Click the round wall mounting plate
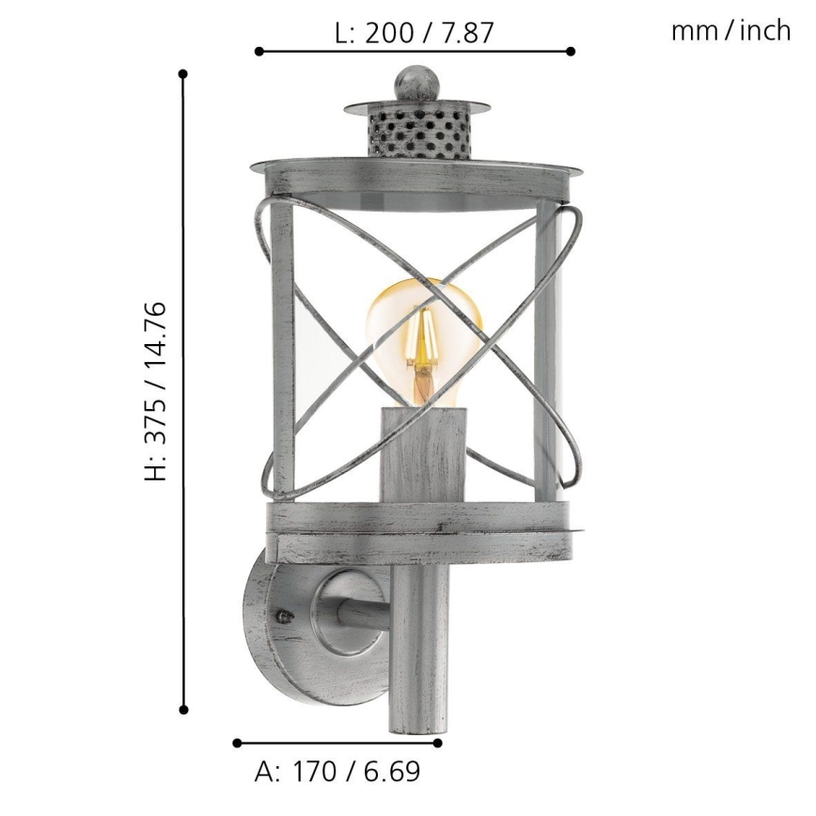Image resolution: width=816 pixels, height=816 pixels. tap(268, 620)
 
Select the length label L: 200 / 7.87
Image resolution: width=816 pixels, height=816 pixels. tap(415, 34)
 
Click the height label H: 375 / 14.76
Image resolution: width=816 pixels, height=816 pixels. tap(156, 391)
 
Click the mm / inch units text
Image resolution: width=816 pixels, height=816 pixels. tap(730, 31)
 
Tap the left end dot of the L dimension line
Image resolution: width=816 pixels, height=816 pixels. tap(259, 52)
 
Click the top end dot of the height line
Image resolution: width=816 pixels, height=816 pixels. tap(183, 73)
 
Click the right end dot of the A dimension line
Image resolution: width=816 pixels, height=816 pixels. tap(438, 743)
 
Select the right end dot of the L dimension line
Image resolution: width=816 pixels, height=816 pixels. tap(572, 52)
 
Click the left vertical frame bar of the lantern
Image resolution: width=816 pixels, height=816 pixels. tap(282, 348)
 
